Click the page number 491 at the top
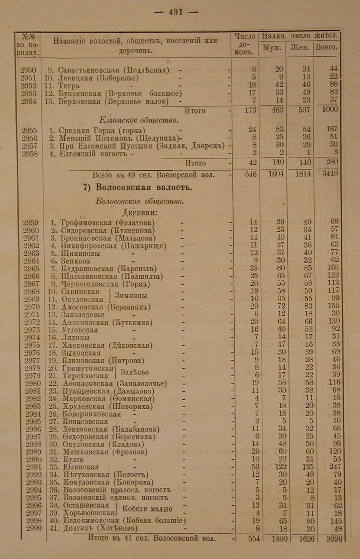(x=176, y=12)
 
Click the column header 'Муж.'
(x=272, y=48)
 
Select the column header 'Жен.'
(x=300, y=48)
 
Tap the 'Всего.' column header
(x=326, y=47)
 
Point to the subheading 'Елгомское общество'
(x=139, y=120)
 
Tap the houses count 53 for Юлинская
(x=253, y=467)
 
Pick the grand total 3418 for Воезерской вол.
(x=329, y=174)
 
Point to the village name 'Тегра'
(x=69, y=85)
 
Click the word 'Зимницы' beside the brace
(x=131, y=296)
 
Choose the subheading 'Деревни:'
(x=139, y=213)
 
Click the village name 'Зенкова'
(x=76, y=261)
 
